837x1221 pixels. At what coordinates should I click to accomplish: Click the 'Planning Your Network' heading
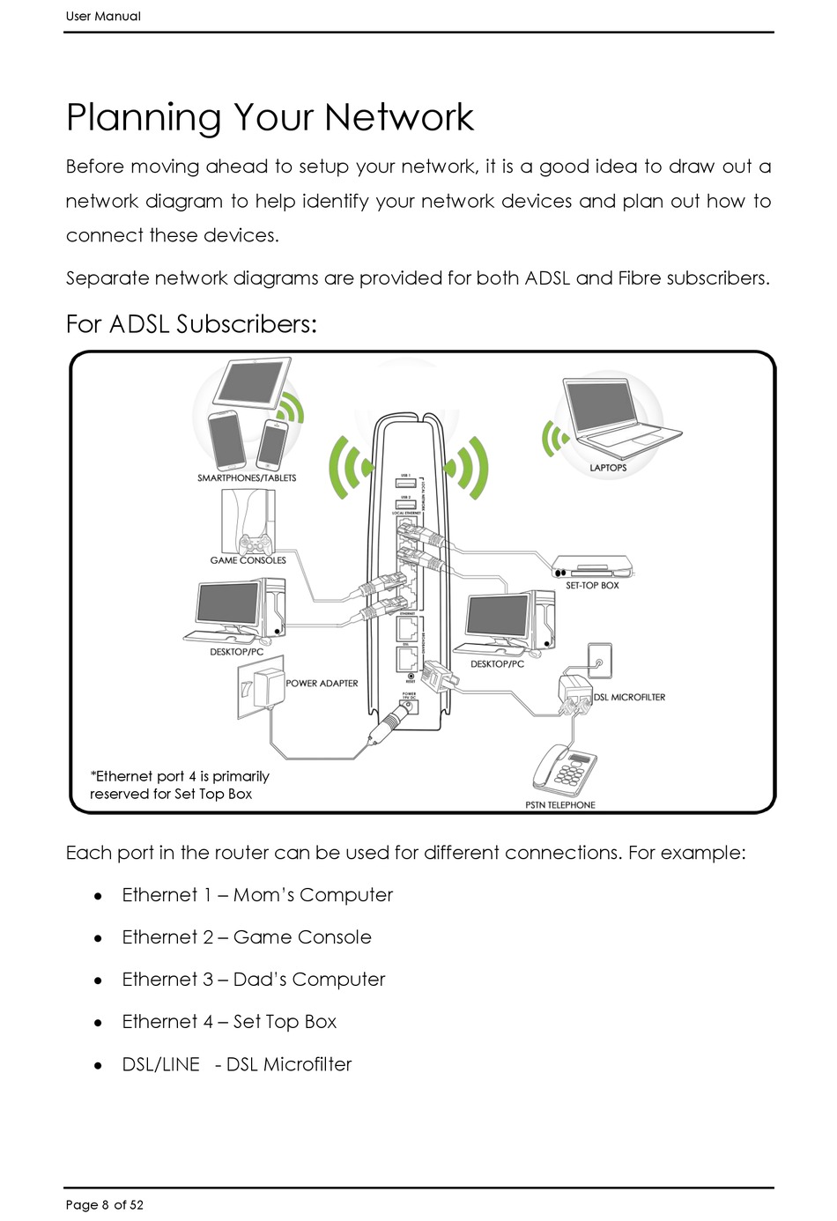(270, 118)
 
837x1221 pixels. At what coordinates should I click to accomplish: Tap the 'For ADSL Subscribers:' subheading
(191, 324)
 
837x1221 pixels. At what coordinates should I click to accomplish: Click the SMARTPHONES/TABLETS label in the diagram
(247, 478)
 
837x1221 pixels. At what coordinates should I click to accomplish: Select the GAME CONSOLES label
(248, 560)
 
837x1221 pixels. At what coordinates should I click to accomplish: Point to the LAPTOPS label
(608, 468)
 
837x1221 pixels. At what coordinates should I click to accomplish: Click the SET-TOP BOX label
(592, 585)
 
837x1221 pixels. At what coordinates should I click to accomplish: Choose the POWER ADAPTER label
(322, 684)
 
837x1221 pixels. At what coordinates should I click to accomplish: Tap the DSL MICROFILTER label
(629, 698)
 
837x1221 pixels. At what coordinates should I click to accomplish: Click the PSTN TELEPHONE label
(560, 805)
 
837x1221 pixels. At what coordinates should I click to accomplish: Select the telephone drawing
(565, 771)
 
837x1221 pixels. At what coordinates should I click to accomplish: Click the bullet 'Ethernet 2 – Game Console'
(247, 937)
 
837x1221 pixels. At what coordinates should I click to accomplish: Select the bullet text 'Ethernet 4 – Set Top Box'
(229, 1022)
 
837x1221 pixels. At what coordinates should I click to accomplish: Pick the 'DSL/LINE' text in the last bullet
(161, 1064)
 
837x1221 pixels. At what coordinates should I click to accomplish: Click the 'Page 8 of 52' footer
(104, 1205)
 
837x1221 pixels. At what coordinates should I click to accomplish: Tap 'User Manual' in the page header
(103, 16)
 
